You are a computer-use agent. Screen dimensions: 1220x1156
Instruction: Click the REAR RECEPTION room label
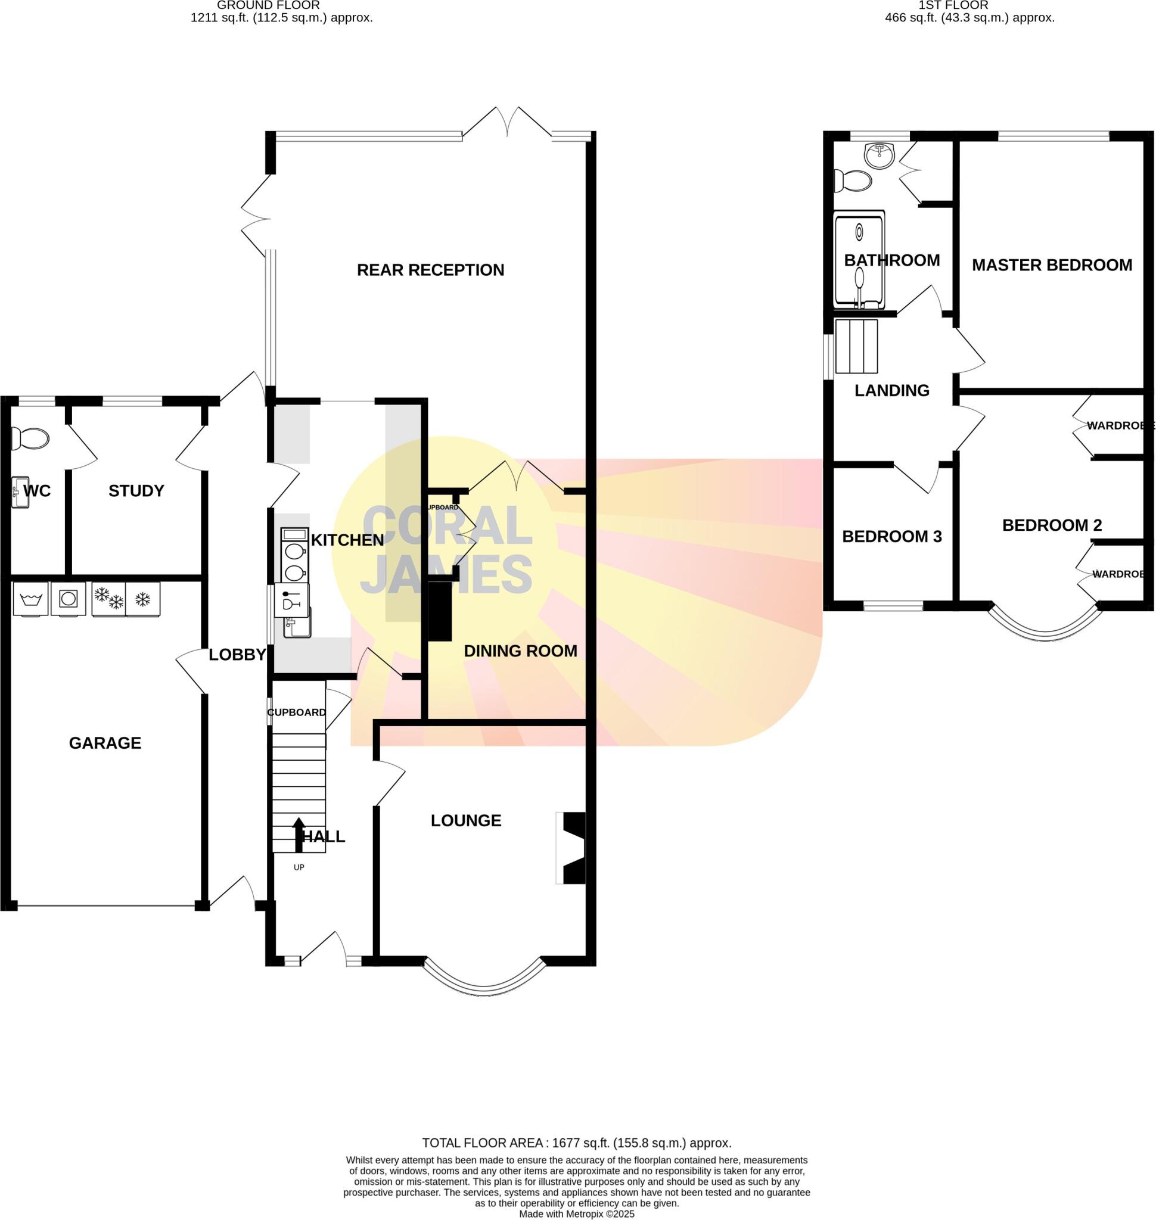coord(430,270)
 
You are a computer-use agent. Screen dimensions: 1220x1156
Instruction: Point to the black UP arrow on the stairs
coord(299,835)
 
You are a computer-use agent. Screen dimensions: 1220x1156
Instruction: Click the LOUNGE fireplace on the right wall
coord(572,848)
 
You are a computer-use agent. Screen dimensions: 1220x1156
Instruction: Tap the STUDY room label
coord(136,490)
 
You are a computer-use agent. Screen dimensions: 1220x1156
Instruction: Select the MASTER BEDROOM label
coord(1051,265)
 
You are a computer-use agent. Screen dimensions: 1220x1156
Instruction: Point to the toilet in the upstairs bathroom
coord(853,180)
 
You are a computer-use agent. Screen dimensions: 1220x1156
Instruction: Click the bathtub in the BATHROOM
coord(859,259)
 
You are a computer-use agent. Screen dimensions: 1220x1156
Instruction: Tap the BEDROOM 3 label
coord(891,536)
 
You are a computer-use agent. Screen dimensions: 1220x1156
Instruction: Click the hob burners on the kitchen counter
coord(294,561)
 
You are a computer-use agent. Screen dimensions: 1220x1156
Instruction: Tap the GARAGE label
coord(105,743)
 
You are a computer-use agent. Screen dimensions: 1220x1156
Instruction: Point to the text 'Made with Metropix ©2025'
coord(576,1214)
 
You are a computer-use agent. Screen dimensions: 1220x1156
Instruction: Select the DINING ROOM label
coord(520,651)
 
